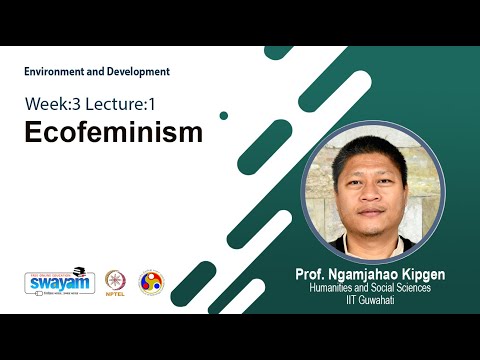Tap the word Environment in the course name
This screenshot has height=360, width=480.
[54, 72]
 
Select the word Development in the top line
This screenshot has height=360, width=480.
[139, 72]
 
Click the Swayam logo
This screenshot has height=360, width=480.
[60, 283]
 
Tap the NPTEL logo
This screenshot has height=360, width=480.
[115, 281]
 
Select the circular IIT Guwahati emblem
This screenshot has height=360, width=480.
[150, 283]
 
